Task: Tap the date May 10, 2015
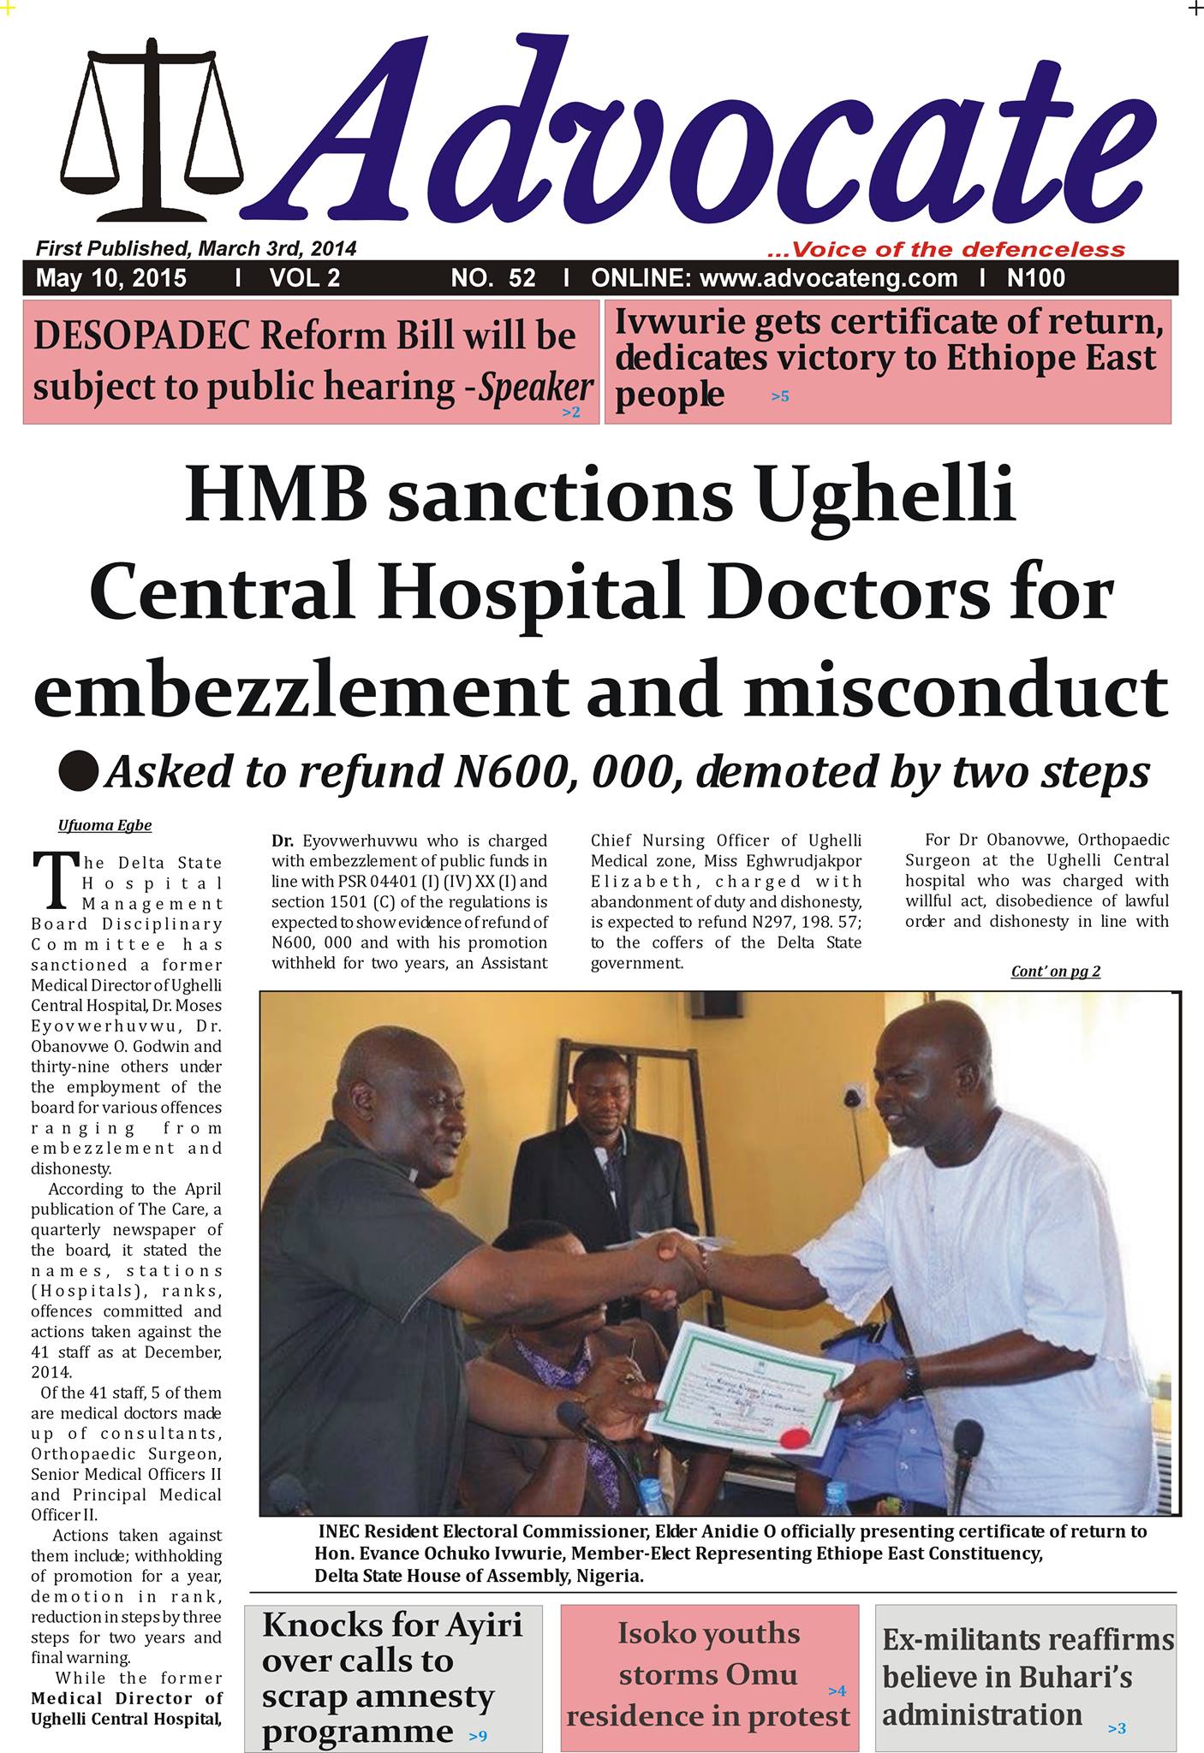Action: pos(111,278)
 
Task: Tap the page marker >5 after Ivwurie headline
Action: pos(779,397)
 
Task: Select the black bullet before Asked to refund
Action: pos(78,771)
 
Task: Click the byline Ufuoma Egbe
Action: pos(104,826)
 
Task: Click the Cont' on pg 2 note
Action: pos(1055,972)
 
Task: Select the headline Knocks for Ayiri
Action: pos(391,1625)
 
